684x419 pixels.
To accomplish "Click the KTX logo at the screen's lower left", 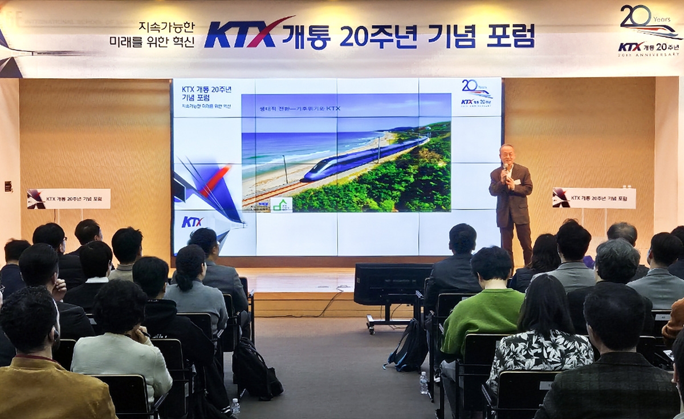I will (x=192, y=221).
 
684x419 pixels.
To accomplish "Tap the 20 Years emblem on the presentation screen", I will (x=476, y=93).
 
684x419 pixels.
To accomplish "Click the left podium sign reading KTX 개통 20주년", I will (x=69, y=199).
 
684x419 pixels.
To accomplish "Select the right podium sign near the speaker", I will (x=594, y=198).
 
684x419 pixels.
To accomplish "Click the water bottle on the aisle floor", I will (x=424, y=383).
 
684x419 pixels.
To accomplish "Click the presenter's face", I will (x=506, y=155).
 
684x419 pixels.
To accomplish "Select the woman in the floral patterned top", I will (x=541, y=337).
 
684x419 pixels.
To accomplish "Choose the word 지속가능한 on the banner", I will (x=166, y=27).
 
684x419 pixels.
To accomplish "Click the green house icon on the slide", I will (x=281, y=204).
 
